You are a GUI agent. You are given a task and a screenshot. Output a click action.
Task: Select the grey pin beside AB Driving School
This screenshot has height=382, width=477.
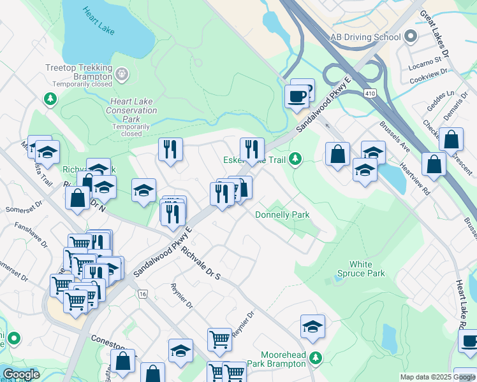coord(411,37)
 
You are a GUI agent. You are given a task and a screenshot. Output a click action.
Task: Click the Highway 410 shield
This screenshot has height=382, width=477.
coord(372,94)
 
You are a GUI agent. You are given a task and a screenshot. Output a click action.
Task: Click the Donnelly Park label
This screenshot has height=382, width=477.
coord(282,215)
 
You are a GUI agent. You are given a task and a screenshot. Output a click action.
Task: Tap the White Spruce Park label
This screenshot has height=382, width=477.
coord(367,269)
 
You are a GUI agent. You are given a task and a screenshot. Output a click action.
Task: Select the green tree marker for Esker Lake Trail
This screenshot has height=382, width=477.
coord(295,158)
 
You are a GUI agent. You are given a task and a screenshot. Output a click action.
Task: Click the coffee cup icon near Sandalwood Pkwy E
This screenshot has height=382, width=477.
coord(297,97)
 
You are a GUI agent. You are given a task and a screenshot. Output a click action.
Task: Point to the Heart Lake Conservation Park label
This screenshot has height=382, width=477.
coord(131,110)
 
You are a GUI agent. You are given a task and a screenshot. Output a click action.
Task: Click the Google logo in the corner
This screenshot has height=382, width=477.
coord(20,374)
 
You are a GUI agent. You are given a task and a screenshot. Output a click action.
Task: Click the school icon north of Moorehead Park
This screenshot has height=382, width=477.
coord(312,327)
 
